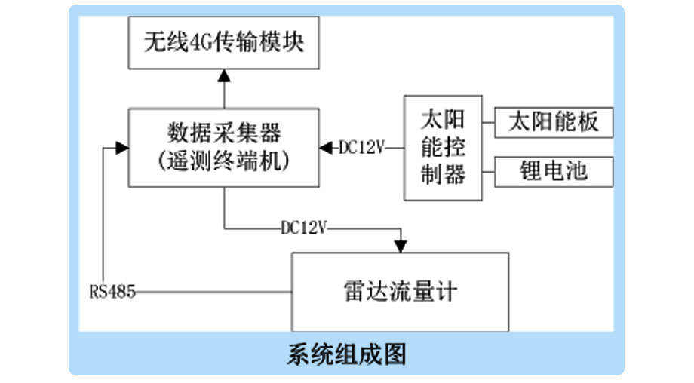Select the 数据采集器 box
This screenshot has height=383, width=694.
point(224,148)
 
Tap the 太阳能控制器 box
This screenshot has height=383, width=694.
point(442,149)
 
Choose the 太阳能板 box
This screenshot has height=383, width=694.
point(554,122)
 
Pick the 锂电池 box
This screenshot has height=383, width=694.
point(554,172)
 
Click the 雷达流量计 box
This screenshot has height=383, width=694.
point(400,291)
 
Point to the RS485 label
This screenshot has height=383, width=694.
point(112,291)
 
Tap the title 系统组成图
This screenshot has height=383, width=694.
point(346,354)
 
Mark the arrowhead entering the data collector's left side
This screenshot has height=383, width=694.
point(121,148)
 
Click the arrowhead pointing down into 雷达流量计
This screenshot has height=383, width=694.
point(400,246)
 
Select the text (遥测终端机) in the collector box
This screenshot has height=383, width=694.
point(224,161)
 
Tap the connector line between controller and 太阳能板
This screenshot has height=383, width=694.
point(487,122)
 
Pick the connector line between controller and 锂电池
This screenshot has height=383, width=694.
point(487,172)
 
